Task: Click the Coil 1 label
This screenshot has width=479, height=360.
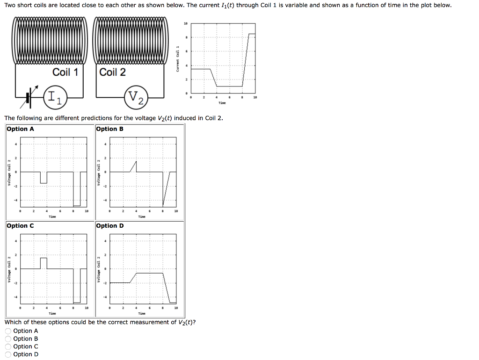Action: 65,72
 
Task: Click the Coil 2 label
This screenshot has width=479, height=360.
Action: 113,72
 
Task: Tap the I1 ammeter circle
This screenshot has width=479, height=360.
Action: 56,97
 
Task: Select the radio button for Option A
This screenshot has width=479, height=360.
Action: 8,331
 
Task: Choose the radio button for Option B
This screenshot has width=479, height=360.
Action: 8,339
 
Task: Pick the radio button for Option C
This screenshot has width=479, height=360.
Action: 8,347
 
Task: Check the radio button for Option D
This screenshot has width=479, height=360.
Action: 8,354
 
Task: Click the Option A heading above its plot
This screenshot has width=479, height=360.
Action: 21,129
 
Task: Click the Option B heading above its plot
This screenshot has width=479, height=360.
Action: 109,129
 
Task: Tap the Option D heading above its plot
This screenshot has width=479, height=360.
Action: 110,226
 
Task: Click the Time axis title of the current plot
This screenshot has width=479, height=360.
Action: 222,102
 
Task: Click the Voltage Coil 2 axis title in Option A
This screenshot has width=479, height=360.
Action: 9,173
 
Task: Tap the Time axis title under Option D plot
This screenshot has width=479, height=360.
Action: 142,314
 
